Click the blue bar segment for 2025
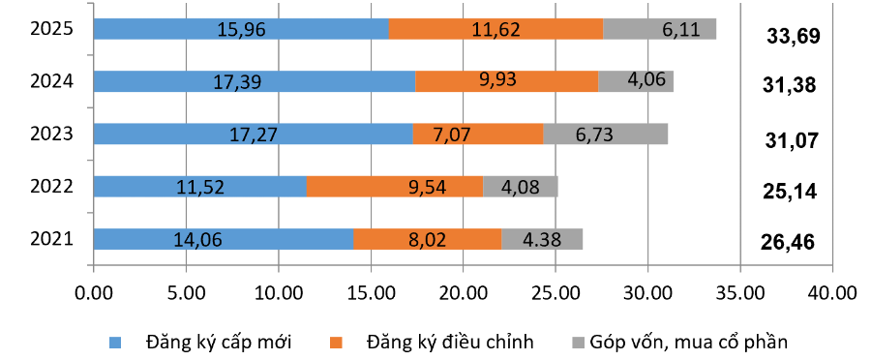(241, 29)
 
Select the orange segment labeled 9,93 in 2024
(506, 81)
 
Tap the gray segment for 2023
(605, 134)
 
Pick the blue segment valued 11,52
(200, 186)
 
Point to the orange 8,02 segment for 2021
(427, 238)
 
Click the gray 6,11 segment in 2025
(659, 29)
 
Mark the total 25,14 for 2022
(790, 192)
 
